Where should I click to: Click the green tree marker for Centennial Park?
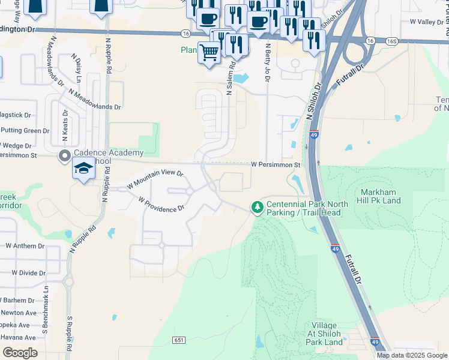point(258,207)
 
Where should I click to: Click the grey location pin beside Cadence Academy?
point(64,157)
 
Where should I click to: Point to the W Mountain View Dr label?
point(155,179)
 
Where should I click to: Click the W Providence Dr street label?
point(161,205)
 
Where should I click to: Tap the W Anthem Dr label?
point(26,245)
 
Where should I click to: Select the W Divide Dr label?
point(26,272)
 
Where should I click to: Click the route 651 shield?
point(178,340)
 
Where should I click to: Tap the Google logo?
point(20,352)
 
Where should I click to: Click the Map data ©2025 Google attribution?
point(412,355)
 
